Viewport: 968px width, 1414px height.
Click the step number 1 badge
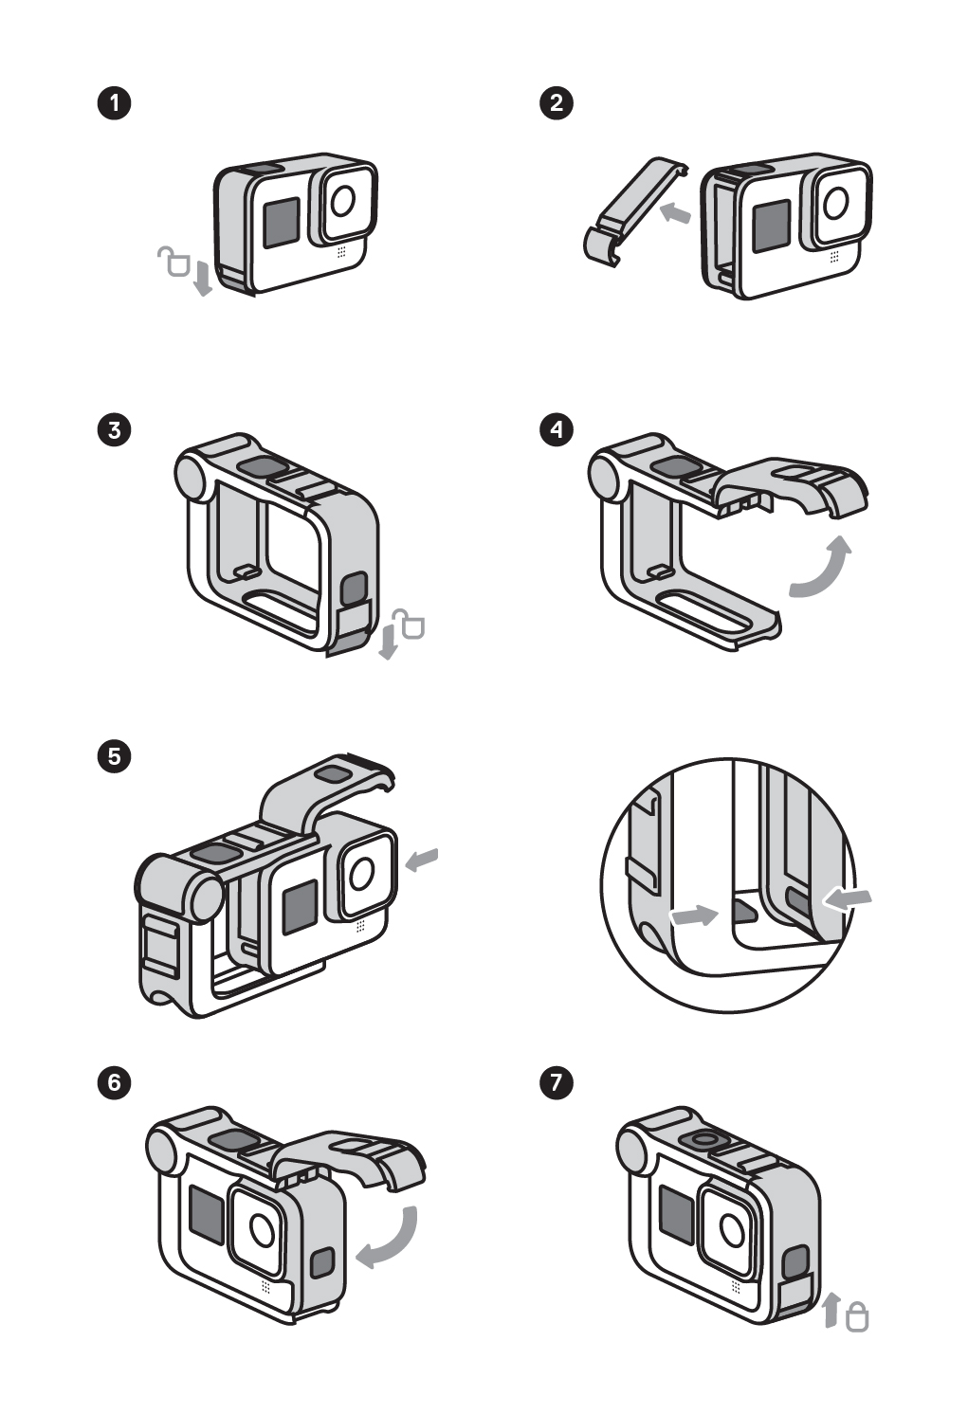point(115,102)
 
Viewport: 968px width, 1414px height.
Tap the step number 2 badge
point(557,102)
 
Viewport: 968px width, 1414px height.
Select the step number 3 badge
point(115,429)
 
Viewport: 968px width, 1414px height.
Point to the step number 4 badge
point(557,429)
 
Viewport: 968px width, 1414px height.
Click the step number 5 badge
point(115,756)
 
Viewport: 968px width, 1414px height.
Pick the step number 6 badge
point(115,1081)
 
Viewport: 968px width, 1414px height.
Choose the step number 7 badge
point(557,1081)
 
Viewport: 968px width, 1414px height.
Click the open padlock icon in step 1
point(174,261)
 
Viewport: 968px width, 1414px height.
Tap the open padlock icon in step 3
point(410,625)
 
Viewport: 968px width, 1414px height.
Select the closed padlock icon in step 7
point(856,1316)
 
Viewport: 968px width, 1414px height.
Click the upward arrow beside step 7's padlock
point(831,1310)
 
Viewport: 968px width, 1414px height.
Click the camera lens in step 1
point(343,200)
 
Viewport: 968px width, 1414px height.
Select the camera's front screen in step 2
point(771,227)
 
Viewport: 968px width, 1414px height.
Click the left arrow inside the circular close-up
point(694,915)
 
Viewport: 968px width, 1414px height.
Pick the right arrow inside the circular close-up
point(847,900)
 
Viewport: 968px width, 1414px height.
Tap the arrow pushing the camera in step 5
point(422,859)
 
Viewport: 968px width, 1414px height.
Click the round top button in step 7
point(703,1140)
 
